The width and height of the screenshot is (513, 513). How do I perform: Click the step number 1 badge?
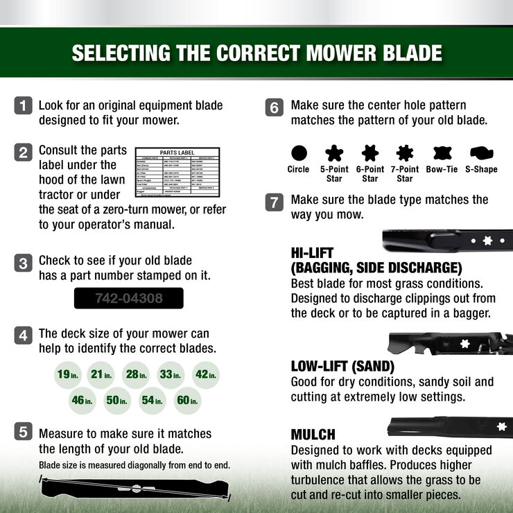click(x=24, y=106)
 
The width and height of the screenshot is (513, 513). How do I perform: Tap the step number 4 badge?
click(x=24, y=335)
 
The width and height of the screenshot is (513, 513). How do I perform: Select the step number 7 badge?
click(x=275, y=202)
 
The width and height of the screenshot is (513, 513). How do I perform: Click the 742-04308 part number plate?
click(x=128, y=299)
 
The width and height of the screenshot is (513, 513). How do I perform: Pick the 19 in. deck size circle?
click(x=68, y=375)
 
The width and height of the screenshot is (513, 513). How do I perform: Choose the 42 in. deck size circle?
click(x=206, y=375)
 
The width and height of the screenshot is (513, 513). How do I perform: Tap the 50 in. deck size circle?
click(x=118, y=401)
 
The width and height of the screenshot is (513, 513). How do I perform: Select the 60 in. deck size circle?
click(x=187, y=401)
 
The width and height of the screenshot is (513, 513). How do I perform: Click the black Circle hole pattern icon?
click(x=299, y=153)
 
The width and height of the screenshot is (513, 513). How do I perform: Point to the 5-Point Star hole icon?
click(x=335, y=153)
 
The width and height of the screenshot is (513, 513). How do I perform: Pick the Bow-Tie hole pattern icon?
click(x=442, y=153)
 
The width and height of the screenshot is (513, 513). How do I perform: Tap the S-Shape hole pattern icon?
click(x=481, y=153)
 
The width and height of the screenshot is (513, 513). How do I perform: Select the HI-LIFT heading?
click(x=313, y=254)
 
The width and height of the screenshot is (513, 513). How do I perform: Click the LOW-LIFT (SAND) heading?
click(x=342, y=366)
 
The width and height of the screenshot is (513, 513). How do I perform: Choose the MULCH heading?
click(x=313, y=435)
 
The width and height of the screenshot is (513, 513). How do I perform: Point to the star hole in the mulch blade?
click(x=501, y=425)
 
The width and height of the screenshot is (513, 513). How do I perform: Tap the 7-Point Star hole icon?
click(x=406, y=153)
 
